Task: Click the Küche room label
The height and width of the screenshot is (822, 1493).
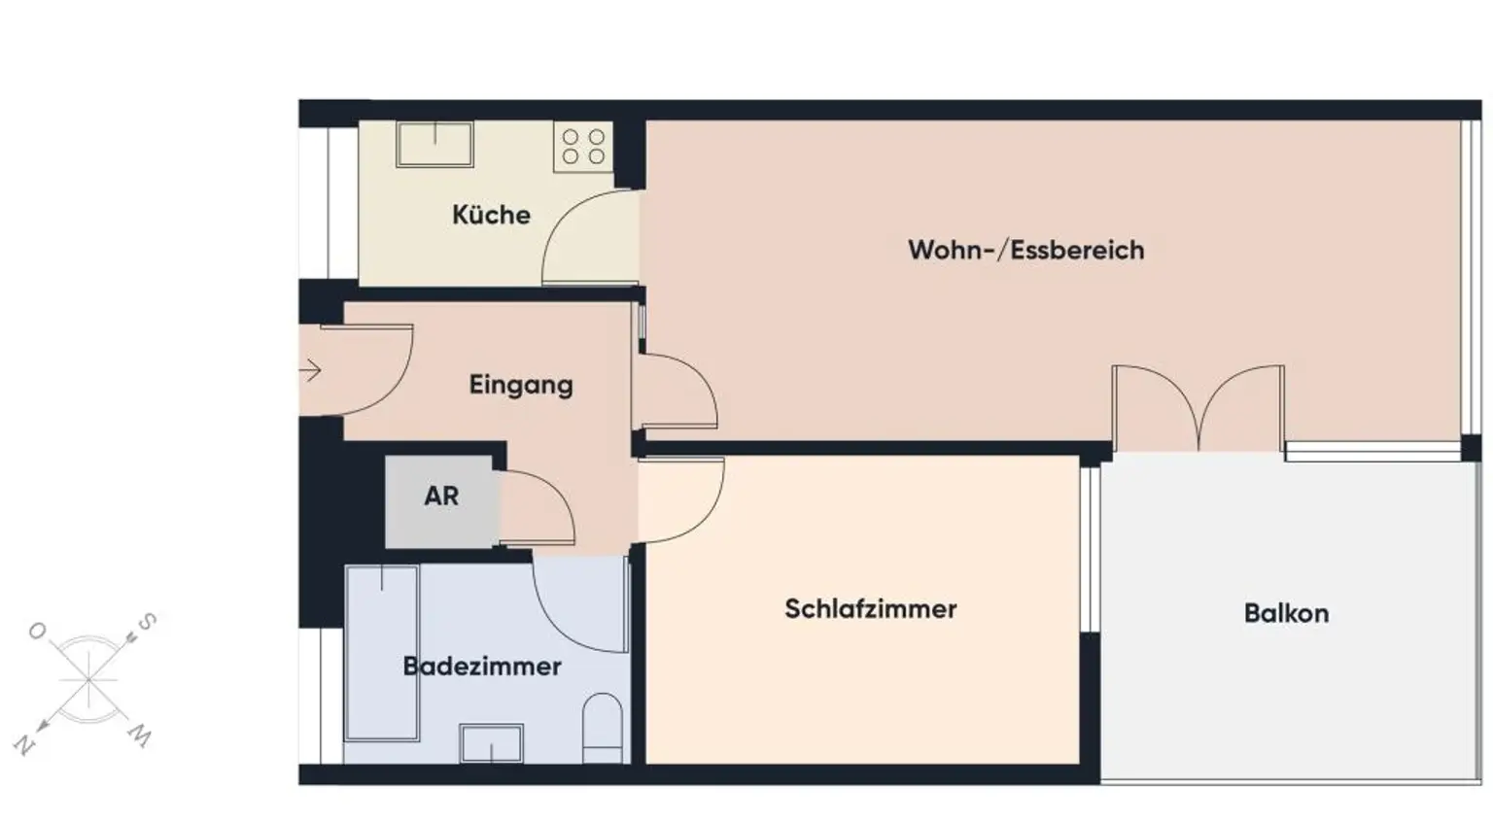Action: [x=491, y=215]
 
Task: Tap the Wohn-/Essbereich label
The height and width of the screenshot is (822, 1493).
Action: [x=1025, y=250]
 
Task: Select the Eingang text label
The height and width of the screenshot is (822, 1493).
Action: [x=521, y=385]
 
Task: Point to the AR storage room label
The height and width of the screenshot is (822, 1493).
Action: [x=441, y=497]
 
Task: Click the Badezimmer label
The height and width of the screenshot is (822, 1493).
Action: [x=482, y=667]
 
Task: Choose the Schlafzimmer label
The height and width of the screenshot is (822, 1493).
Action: [x=870, y=609]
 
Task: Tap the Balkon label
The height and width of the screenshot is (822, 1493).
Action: [x=1285, y=613]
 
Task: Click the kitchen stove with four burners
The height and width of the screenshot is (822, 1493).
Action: [x=583, y=147]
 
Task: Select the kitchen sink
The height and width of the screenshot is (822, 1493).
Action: [x=434, y=144]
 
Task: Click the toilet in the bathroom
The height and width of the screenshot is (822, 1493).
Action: [x=603, y=727]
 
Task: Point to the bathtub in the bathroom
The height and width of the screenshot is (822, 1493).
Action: [x=382, y=653]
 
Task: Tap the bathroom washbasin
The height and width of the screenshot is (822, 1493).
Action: [x=491, y=743]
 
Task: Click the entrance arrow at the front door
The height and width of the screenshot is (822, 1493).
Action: [x=311, y=370]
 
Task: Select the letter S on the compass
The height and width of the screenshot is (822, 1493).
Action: [x=147, y=621]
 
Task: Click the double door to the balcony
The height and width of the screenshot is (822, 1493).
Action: [x=1198, y=408]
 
